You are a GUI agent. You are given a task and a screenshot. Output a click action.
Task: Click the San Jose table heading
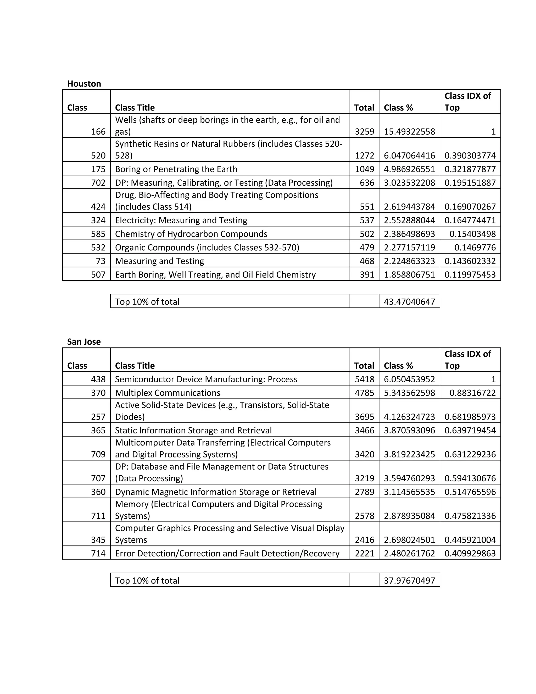coord(84,342)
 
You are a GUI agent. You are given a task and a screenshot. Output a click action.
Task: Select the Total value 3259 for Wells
coord(364,131)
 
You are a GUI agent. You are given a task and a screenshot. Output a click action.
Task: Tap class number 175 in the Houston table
coord(98,169)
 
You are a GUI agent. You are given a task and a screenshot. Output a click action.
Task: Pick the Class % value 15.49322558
coord(409,131)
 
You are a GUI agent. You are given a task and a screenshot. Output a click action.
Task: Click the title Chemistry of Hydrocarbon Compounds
coord(191,234)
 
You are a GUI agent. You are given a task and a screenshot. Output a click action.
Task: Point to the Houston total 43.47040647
coord(409,301)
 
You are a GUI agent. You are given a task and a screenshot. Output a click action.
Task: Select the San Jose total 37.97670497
coord(409,581)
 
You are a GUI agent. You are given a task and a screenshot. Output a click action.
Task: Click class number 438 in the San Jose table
coord(98,379)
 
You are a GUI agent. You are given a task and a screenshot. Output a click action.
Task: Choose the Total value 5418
coord(364,379)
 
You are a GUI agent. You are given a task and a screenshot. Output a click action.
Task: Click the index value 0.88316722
coord(472,393)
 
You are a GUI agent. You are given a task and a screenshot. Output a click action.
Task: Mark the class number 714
coord(98,553)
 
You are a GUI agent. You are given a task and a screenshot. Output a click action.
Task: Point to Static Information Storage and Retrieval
coord(193,430)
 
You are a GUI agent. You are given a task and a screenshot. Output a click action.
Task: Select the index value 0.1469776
coord(475,247)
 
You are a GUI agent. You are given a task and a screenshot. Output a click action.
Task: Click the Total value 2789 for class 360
coord(364,492)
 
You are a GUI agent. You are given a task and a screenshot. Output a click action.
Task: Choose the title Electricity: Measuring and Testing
coord(181,220)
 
